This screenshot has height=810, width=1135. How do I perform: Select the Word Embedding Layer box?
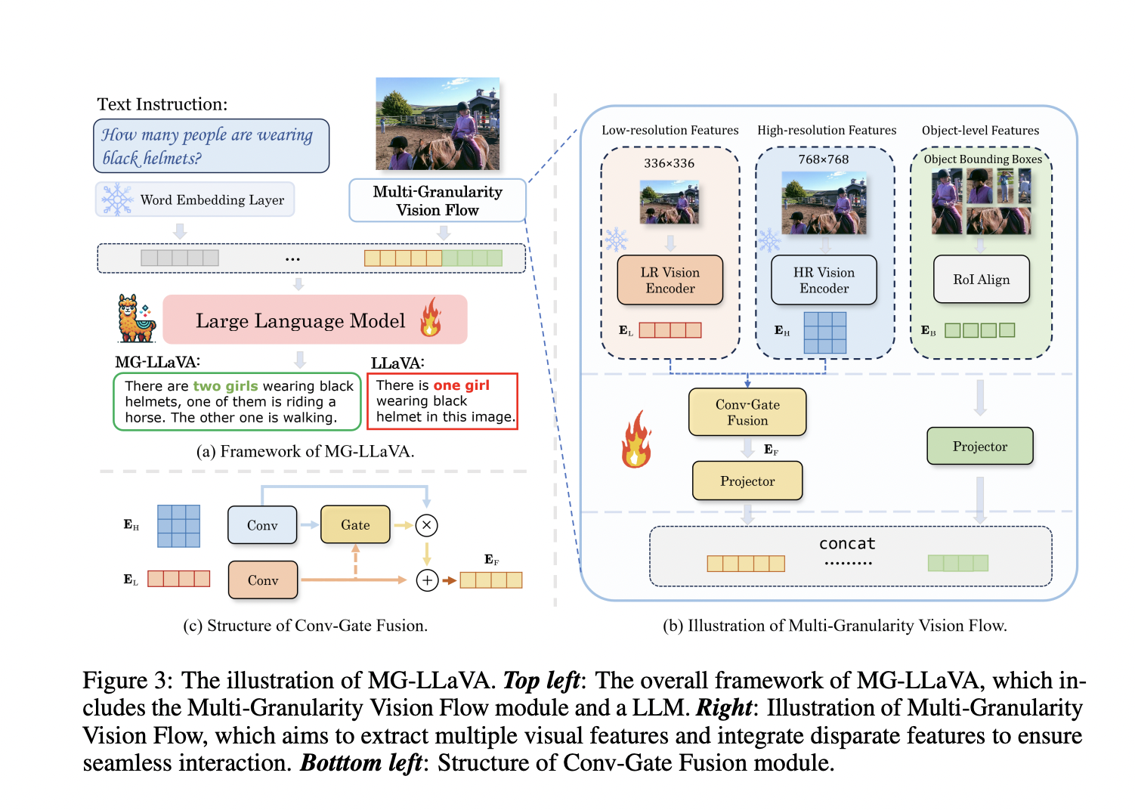pyautogui.click(x=195, y=199)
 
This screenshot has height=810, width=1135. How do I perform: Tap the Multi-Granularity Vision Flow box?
pyautogui.click(x=437, y=200)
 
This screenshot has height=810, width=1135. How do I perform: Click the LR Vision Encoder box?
pyautogui.click(x=670, y=280)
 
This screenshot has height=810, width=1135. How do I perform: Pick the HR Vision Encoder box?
pyautogui.click(x=824, y=280)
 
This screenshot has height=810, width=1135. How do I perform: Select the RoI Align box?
pyautogui.click(x=981, y=280)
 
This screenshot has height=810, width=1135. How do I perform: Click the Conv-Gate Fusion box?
pyautogui.click(x=747, y=413)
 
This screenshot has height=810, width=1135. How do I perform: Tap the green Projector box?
pyautogui.click(x=979, y=447)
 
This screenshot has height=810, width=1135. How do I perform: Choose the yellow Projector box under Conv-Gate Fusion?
pyautogui.click(x=747, y=481)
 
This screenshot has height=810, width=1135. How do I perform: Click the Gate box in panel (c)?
pyautogui.click(x=355, y=525)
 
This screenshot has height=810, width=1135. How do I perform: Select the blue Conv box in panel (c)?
pyautogui.click(x=262, y=525)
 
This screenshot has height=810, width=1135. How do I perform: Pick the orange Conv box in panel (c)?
pyautogui.click(x=263, y=580)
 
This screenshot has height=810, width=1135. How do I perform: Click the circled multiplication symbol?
pyautogui.click(x=427, y=525)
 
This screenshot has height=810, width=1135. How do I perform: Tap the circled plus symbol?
pyautogui.click(x=427, y=580)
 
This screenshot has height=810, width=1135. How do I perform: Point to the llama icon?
pyautogui.click(x=136, y=319)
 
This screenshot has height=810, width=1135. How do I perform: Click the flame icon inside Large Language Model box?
pyautogui.click(x=431, y=317)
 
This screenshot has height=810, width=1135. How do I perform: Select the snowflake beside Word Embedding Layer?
pyautogui.click(x=117, y=199)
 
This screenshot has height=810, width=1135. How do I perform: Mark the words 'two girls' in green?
pyautogui.click(x=225, y=386)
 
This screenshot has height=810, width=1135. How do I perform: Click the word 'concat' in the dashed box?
pyautogui.click(x=847, y=543)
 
